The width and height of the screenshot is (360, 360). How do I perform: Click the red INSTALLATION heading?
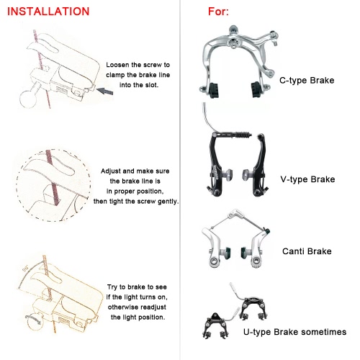tap(48, 12)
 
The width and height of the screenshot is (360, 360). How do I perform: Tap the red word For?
tap(218, 12)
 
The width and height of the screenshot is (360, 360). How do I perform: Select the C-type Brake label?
tap(307, 81)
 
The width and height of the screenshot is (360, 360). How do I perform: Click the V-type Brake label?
tap(307, 179)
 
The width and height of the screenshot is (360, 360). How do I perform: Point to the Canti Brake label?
tap(307, 251)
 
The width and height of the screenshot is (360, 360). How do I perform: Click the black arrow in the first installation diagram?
tap(104, 91)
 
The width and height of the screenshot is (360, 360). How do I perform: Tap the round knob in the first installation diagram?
tap(28, 99)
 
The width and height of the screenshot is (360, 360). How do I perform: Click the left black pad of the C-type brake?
tap(215, 91)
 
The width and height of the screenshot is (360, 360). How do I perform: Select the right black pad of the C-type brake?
tap(256, 90)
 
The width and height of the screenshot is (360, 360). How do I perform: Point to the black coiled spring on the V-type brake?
tap(243, 135)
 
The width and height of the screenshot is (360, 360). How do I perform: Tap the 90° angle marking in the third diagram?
tap(25, 269)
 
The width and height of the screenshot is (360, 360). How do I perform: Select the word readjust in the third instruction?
tap(153, 307)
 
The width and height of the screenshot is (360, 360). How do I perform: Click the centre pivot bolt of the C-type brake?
tap(233, 42)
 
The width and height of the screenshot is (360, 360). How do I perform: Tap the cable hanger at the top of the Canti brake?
tap(235, 215)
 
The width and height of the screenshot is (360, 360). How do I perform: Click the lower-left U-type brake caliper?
tap(215, 325)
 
